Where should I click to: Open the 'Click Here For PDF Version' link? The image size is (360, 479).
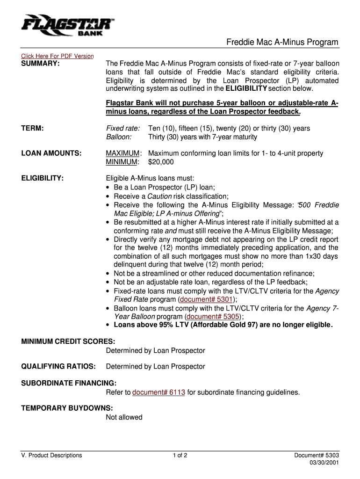click(x=58, y=56)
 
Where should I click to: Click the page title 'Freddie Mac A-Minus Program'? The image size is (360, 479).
click(x=282, y=43)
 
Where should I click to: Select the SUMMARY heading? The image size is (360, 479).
click(x=41, y=63)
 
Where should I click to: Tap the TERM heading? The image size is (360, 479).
click(x=33, y=128)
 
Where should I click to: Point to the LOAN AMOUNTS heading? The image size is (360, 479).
click(x=51, y=153)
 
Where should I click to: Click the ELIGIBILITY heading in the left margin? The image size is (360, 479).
click(x=43, y=178)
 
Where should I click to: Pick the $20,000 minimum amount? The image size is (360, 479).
click(x=161, y=162)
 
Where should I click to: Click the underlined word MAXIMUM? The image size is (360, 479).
click(x=123, y=153)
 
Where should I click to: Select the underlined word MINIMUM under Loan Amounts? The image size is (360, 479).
click(x=122, y=162)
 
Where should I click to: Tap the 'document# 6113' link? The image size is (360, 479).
click(x=158, y=392)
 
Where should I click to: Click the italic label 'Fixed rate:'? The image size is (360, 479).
click(x=123, y=128)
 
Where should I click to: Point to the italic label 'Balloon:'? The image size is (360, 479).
click(x=119, y=137)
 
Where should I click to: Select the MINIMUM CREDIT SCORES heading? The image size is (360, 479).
click(x=68, y=341)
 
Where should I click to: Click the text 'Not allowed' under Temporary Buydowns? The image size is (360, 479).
click(x=124, y=417)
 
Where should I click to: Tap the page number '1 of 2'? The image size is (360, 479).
click(x=180, y=455)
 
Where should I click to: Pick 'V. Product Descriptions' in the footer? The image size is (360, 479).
click(x=51, y=455)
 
